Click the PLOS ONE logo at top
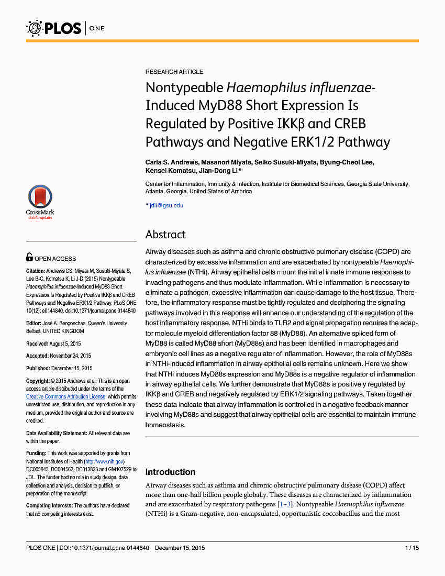click(65, 28)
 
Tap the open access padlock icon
click(30, 257)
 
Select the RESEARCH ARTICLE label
click(174, 72)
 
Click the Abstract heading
click(165, 234)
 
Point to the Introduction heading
click(170, 472)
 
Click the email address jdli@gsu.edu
click(166, 205)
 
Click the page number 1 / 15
click(411, 548)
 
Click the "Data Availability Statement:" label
click(57, 434)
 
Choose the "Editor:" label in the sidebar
click(35, 324)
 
